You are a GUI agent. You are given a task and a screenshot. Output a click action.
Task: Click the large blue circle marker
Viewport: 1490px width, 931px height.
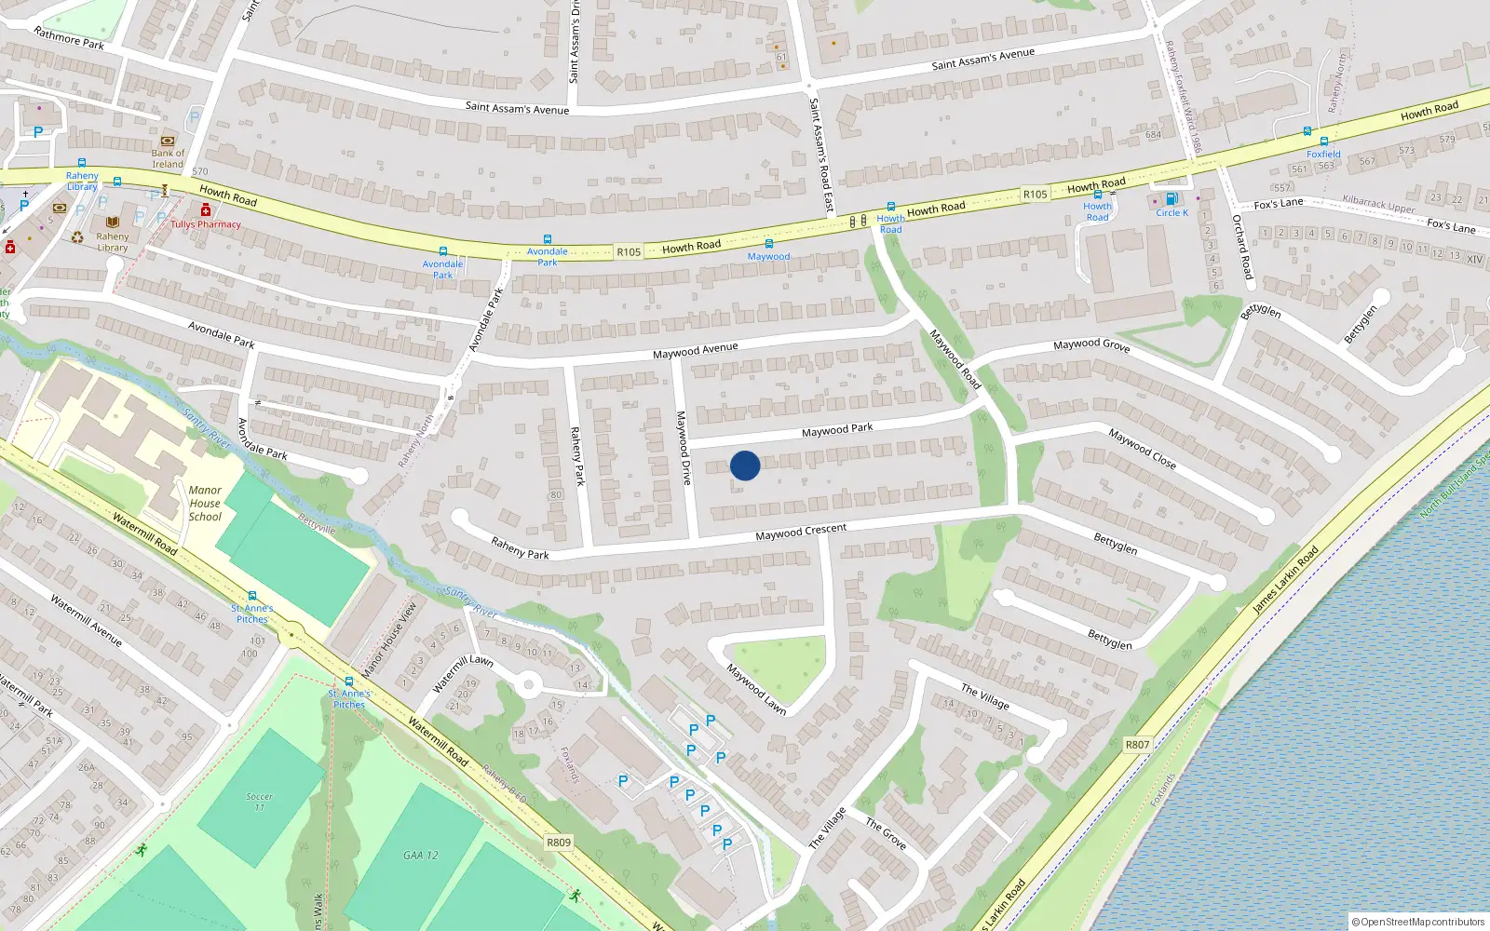(745, 465)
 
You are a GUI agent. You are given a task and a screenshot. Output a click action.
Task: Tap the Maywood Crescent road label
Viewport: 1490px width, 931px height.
(801, 532)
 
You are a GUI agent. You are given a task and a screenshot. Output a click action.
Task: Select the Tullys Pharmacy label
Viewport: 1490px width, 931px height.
(206, 224)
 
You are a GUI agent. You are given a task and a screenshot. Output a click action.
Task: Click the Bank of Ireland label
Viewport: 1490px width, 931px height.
(168, 158)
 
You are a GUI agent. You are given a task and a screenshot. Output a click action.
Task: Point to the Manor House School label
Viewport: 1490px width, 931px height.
(205, 504)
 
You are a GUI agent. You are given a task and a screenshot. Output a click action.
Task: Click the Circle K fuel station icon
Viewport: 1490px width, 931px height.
(1172, 199)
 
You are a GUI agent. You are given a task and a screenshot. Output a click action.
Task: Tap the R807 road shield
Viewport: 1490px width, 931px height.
(1137, 745)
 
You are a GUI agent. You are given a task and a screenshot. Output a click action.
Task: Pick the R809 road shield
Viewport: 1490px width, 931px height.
(559, 843)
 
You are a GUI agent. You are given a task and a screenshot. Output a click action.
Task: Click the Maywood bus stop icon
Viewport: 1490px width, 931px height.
(768, 244)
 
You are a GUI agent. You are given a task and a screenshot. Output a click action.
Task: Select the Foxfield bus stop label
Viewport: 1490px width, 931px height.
(1323, 155)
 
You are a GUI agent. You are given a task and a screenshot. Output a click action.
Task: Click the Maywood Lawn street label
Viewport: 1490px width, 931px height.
(756, 689)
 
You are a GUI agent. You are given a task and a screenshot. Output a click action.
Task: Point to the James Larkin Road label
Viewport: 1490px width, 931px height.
(1285, 580)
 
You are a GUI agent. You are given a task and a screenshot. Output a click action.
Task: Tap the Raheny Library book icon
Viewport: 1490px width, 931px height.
(113, 223)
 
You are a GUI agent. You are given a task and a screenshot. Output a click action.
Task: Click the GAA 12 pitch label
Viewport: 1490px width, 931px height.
(421, 855)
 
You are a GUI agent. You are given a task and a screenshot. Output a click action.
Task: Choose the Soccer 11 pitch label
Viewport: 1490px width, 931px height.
(259, 802)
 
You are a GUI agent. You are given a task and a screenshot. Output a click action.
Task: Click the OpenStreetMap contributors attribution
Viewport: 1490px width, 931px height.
(1417, 922)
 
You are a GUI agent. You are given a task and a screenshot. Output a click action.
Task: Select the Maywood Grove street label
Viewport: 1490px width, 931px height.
(1091, 345)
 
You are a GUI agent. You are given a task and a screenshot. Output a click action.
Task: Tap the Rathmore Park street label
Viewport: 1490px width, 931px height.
(69, 38)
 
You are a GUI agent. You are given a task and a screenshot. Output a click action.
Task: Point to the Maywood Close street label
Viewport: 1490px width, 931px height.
(1142, 448)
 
